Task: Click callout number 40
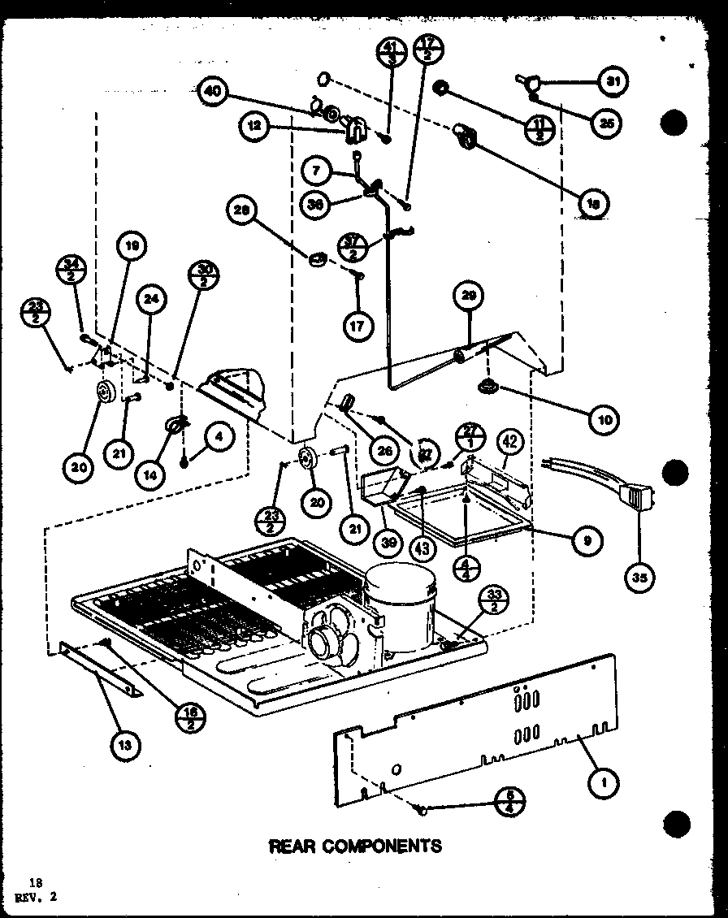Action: (211, 92)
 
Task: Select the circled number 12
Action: (254, 126)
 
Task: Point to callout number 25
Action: (606, 123)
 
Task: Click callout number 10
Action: (605, 419)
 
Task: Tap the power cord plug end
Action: (636, 496)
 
